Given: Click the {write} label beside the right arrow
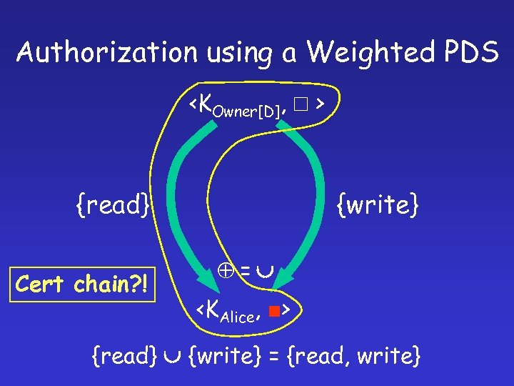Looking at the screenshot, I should (377, 206).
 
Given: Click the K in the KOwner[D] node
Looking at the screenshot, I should (203, 104).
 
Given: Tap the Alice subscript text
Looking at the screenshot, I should (238, 317).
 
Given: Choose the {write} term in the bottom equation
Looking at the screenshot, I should (222, 355).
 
